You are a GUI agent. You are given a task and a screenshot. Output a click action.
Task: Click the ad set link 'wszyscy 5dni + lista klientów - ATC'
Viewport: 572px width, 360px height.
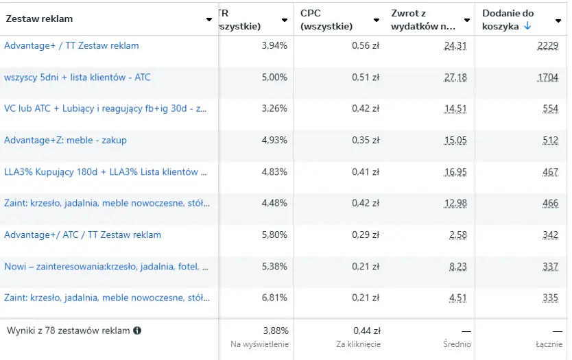point(78,77)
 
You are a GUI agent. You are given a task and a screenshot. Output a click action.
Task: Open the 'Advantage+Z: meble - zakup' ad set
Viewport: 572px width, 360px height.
point(65,141)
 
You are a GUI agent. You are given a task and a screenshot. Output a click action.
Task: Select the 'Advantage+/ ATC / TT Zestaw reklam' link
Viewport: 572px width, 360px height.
point(82,235)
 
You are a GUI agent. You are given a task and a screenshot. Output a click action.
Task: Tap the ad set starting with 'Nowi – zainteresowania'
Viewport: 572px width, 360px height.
point(106,267)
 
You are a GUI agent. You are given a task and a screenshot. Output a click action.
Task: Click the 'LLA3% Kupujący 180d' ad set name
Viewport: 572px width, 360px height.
point(106,172)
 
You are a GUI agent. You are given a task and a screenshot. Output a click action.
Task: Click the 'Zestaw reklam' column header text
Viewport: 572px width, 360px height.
point(39,19)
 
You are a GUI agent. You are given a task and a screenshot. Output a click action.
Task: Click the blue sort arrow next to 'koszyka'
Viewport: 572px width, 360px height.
point(527,26)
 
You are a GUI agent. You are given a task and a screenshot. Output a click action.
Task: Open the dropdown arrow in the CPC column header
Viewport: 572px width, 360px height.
point(376,20)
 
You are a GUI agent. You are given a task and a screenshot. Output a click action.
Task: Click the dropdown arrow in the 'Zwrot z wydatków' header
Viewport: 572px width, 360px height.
point(466,20)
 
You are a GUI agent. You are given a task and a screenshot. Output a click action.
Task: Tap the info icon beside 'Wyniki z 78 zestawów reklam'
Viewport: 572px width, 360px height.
point(137,331)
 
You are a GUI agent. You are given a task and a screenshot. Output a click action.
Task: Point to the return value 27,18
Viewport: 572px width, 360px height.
point(455,77)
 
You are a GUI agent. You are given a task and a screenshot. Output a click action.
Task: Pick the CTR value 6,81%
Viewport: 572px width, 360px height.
point(274,298)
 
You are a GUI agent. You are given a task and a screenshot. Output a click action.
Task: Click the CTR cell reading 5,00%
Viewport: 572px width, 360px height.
point(274,77)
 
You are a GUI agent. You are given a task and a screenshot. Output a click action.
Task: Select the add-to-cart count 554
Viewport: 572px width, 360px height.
point(550,109)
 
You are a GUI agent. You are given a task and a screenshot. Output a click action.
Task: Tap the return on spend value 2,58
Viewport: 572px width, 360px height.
point(457,235)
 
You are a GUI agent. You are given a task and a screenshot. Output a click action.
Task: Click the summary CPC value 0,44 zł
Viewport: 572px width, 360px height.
point(366,331)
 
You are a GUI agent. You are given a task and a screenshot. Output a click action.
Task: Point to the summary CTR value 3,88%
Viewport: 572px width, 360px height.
point(276,331)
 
